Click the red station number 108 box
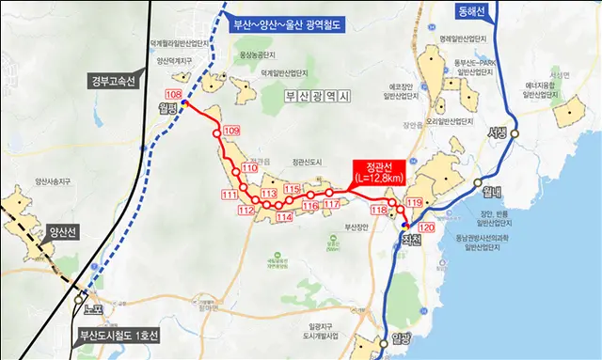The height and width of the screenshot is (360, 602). [174, 95]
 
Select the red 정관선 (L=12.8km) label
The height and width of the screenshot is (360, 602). [385, 170]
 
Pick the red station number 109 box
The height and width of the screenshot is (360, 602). [233, 130]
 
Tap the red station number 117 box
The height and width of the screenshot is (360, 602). [331, 204]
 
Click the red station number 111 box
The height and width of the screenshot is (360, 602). [230, 195]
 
